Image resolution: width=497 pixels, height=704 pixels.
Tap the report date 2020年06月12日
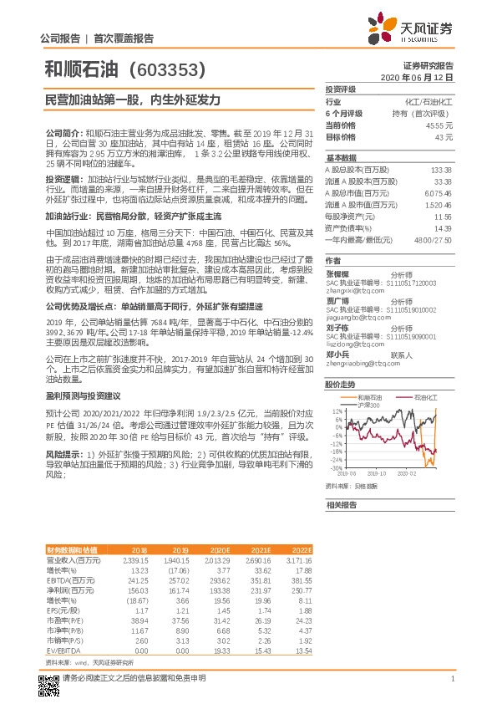tap(423, 76)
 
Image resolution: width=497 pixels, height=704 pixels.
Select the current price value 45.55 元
tap(439, 125)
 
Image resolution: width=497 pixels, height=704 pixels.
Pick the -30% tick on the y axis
tap(336, 468)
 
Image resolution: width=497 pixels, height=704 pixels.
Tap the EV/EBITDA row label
tap(61, 649)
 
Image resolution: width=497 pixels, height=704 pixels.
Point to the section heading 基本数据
tap(341, 157)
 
